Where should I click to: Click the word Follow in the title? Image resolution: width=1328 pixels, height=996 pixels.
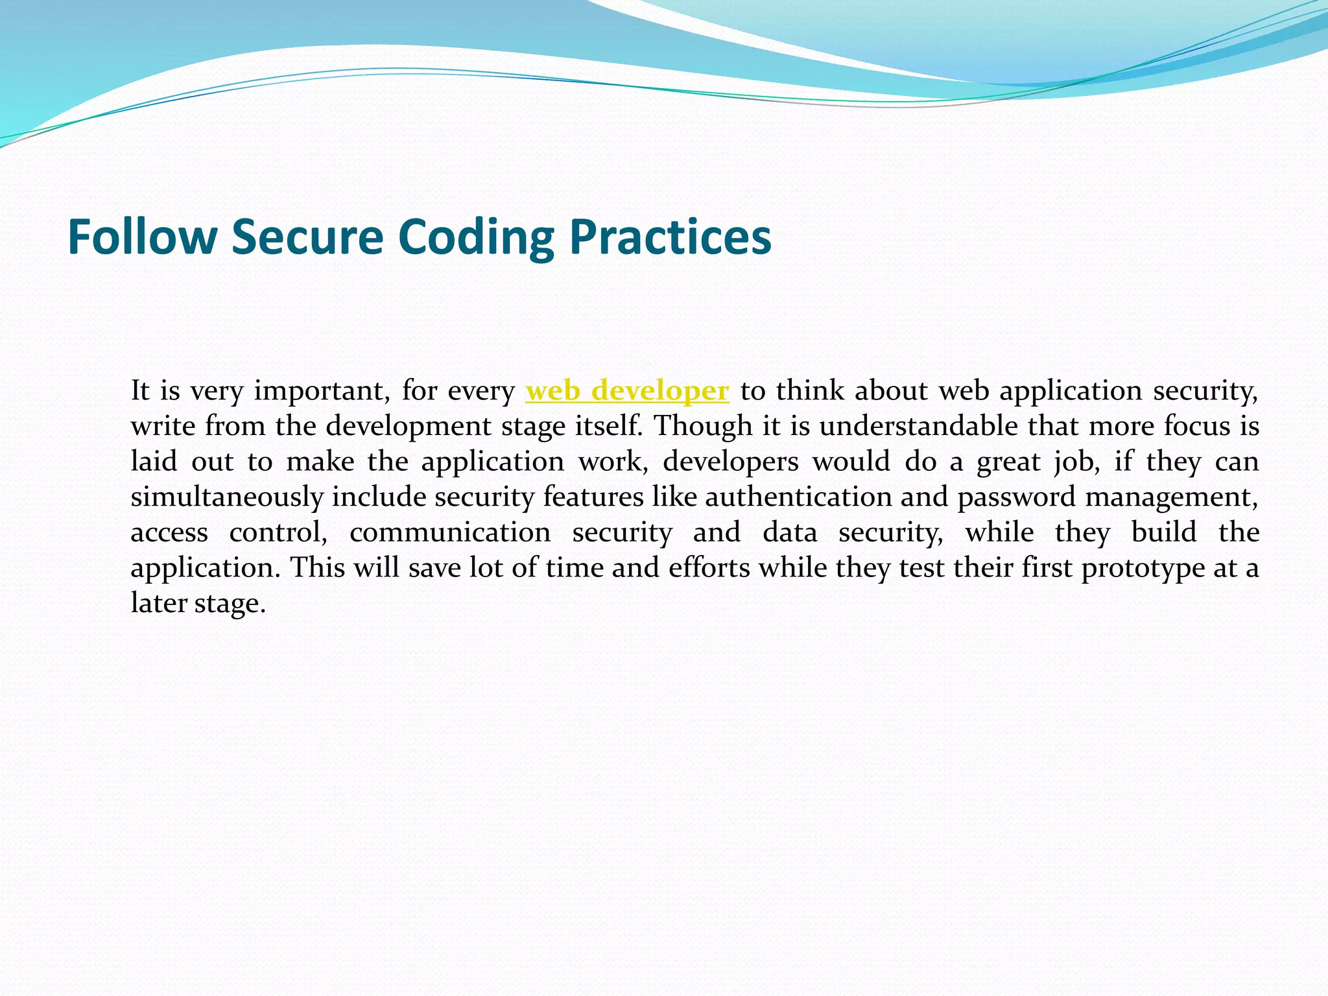(142, 237)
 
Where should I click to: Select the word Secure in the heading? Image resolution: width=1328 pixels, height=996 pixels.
(307, 237)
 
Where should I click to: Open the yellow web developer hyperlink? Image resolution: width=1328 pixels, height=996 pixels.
(627, 391)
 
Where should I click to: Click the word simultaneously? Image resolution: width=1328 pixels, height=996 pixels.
(227, 497)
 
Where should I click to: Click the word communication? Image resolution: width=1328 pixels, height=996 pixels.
(450, 532)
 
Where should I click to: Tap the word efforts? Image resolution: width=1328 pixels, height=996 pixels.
(709, 568)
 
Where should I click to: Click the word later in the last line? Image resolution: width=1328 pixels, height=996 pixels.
(159, 603)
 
